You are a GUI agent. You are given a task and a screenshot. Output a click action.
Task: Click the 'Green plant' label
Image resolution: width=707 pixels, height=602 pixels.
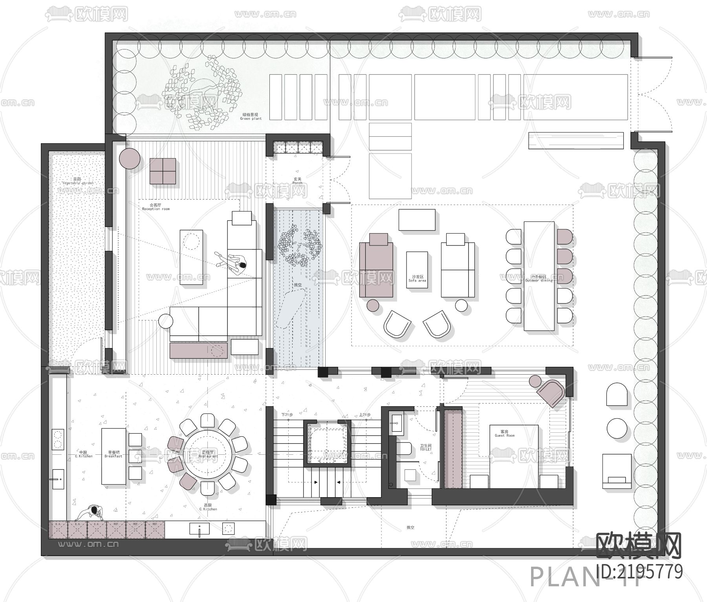pyautogui.click(x=251, y=117)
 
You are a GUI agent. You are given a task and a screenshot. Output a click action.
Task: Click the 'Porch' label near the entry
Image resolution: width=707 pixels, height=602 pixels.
pyautogui.click(x=297, y=181)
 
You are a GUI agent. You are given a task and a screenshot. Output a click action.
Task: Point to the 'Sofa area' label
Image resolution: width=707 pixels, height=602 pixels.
pyautogui.click(x=417, y=279)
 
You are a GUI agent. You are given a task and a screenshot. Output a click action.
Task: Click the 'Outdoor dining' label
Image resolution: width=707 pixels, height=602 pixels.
pyautogui.click(x=538, y=279)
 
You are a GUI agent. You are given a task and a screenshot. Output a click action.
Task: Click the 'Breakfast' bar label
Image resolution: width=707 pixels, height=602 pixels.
pyautogui.click(x=113, y=454)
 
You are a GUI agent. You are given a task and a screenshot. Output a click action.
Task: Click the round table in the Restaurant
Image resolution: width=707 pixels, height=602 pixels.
pyautogui.click(x=208, y=454)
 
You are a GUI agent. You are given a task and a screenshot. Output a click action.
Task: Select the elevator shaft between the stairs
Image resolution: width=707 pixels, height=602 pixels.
pyautogui.click(x=328, y=442)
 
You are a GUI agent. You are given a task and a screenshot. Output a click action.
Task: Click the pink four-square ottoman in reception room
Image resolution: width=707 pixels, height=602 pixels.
pyautogui.click(x=163, y=171)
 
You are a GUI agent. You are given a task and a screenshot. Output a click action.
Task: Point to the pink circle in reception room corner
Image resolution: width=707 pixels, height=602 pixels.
pyautogui.click(x=130, y=159)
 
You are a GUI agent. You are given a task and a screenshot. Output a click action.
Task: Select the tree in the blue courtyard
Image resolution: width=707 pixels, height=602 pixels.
pyautogui.click(x=300, y=245)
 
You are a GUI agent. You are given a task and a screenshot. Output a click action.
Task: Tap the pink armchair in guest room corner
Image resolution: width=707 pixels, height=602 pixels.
pyautogui.click(x=550, y=391)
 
